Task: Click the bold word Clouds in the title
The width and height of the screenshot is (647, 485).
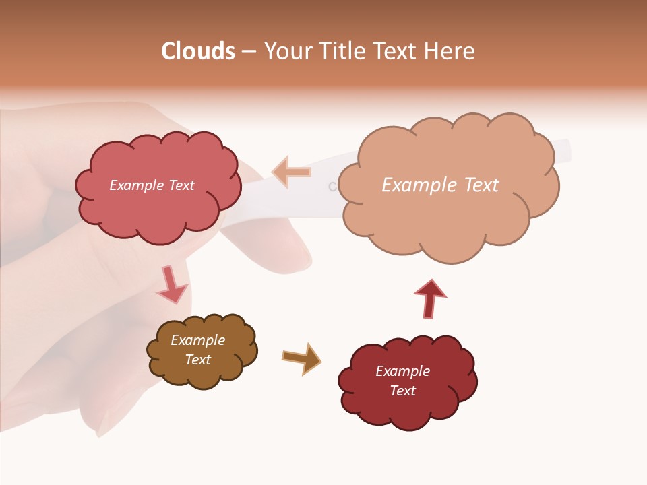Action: [x=198, y=51]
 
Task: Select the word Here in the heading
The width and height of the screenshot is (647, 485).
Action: [x=452, y=51]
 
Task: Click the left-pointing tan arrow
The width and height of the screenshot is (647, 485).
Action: [x=291, y=172]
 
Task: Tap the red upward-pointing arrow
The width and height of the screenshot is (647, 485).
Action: [x=429, y=298]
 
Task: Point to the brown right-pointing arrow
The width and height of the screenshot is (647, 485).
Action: [x=301, y=358]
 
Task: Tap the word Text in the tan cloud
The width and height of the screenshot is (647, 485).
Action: [x=482, y=185]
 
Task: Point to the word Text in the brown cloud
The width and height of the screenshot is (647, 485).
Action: [x=197, y=360]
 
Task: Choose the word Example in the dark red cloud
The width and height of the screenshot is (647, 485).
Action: [x=402, y=371]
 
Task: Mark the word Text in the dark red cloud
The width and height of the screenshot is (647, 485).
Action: [x=402, y=391]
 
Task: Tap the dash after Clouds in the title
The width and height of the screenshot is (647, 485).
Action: [x=248, y=52]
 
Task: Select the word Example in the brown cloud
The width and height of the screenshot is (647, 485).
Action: [x=197, y=340]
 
